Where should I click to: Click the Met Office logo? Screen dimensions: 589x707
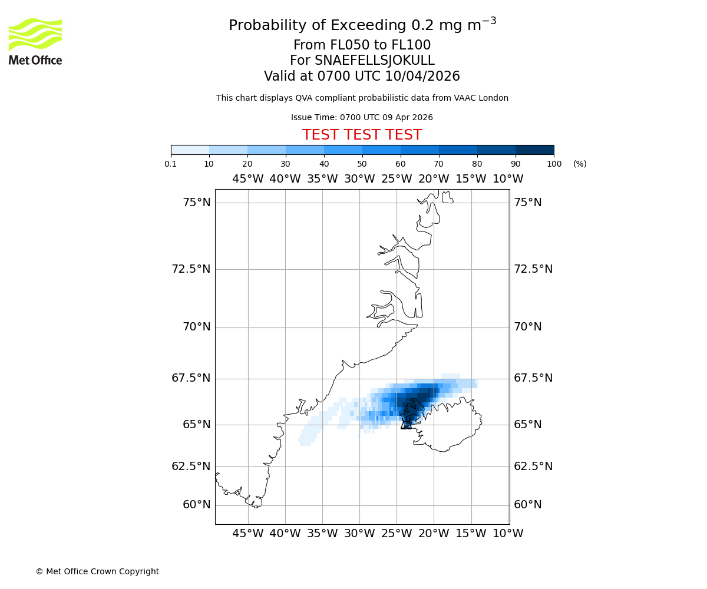click(x=35, y=41)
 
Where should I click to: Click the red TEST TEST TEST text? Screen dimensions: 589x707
click(x=362, y=135)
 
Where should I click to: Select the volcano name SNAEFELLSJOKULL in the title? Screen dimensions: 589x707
click(x=375, y=61)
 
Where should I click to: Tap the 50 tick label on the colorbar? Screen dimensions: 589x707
click(x=362, y=164)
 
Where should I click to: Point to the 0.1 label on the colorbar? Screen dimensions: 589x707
click(x=171, y=164)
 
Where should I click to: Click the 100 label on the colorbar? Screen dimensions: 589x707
click(x=554, y=164)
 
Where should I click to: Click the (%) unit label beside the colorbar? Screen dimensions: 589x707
click(x=580, y=164)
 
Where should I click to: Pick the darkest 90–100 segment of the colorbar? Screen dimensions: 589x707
click(x=534, y=150)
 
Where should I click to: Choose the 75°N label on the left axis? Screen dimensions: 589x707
click(x=196, y=203)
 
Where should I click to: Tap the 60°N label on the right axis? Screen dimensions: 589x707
click(x=527, y=505)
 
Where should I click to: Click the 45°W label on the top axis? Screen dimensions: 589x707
click(x=247, y=179)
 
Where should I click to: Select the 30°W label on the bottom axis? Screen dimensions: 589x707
click(x=359, y=534)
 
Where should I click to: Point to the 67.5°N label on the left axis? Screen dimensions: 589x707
click(x=191, y=378)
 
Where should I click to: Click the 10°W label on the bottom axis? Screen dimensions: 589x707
click(x=508, y=534)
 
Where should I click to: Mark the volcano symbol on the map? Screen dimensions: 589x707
click(x=406, y=423)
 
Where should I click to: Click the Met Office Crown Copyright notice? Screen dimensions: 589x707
click(x=97, y=571)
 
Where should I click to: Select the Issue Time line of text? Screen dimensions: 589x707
click(x=362, y=117)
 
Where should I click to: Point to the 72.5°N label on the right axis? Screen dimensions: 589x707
click(x=533, y=269)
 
